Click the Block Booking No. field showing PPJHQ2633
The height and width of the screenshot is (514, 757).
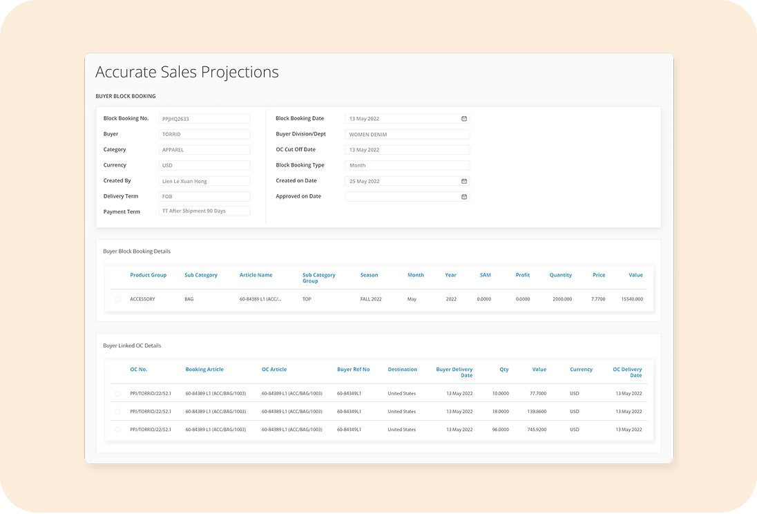204,119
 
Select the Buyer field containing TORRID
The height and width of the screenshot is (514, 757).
204,134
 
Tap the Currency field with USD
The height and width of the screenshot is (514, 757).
204,166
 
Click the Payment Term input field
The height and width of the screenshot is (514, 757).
204,211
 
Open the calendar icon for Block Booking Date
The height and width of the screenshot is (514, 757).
464,119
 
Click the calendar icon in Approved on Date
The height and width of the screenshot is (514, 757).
464,197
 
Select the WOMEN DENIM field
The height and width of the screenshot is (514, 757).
407,134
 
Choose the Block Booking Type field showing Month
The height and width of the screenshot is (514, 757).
407,166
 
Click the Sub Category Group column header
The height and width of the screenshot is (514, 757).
318,278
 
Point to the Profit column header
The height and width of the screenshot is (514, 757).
523,275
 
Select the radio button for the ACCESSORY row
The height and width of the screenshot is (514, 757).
117,299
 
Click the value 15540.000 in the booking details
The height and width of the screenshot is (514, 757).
631,299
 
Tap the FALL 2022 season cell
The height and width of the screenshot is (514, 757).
371,299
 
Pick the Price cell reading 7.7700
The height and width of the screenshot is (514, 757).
598,299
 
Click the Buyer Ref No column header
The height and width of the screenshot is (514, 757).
353,370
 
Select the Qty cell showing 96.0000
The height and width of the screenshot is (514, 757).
500,430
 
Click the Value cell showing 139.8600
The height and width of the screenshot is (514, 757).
537,412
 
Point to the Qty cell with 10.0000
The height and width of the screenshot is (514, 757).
500,394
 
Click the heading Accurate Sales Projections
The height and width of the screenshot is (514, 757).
187,72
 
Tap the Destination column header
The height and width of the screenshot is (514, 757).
402,370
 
